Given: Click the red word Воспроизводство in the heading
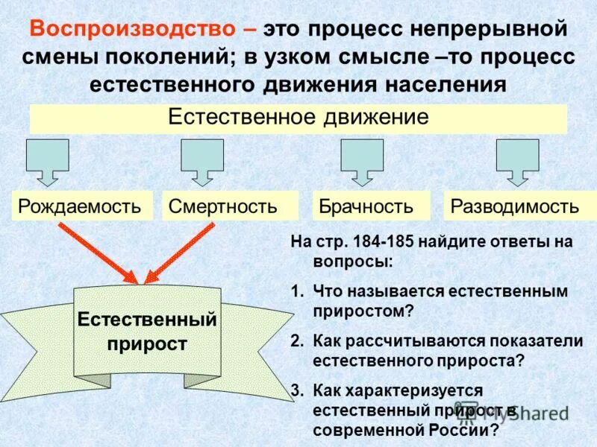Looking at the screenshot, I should coord(135,29).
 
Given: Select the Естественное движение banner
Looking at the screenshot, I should coord(298,118).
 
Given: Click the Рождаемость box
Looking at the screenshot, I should coord(80,206).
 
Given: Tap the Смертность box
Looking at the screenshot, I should coord(223,206).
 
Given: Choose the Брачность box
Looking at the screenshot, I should coord(365,206).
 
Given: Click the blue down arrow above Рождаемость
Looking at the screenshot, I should coord(48,160).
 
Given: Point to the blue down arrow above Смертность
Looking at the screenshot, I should coord(202,160).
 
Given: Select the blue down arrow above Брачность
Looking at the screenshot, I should coord(362,160).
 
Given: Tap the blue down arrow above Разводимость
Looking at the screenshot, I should coord(518,160).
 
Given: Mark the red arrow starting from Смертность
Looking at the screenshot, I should coord(179,253).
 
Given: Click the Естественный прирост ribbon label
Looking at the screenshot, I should coord(147,332).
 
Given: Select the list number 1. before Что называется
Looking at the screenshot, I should coord(297,291).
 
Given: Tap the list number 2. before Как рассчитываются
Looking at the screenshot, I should coord(297,340).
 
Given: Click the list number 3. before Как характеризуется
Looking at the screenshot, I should coord(297,390).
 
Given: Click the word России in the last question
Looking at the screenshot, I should coord(463,431).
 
